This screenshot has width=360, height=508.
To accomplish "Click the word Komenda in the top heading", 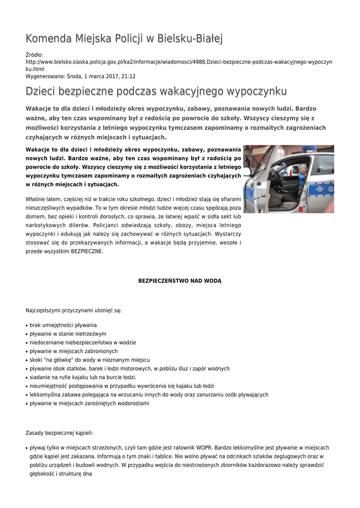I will tap(49, 38).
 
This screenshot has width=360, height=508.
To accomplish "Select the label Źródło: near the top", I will tap(34, 55).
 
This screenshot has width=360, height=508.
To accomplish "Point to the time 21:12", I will tap(129, 76).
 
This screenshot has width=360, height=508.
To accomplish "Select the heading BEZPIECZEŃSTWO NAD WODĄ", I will tap(180, 281).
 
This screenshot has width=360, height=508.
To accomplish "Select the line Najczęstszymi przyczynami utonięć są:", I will tap(73, 311).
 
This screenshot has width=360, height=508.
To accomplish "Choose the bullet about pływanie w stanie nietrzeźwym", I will tap(68, 334).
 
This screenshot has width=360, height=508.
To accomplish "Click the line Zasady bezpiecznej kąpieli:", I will tap(59, 433).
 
